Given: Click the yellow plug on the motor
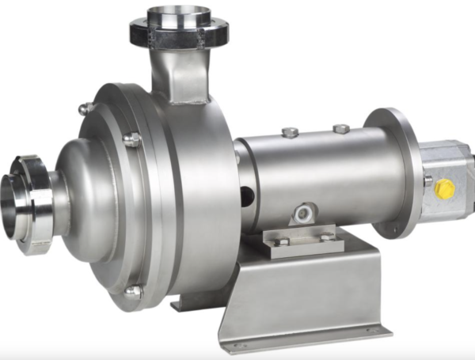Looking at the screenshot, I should pyautogui.click(x=446, y=189).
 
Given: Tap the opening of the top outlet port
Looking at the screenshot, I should pyautogui.click(x=179, y=15).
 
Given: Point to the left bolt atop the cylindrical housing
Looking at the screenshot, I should pyautogui.click(x=291, y=132).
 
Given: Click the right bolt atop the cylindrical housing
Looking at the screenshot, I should pyautogui.click(x=341, y=127).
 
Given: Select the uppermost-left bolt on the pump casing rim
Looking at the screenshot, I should pyautogui.click(x=83, y=109).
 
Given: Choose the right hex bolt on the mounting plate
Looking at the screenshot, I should pyautogui.click(x=326, y=236).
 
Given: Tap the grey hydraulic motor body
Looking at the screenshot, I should pyautogui.click(x=447, y=178).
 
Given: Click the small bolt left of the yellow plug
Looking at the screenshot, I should pyautogui.click(x=427, y=180).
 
